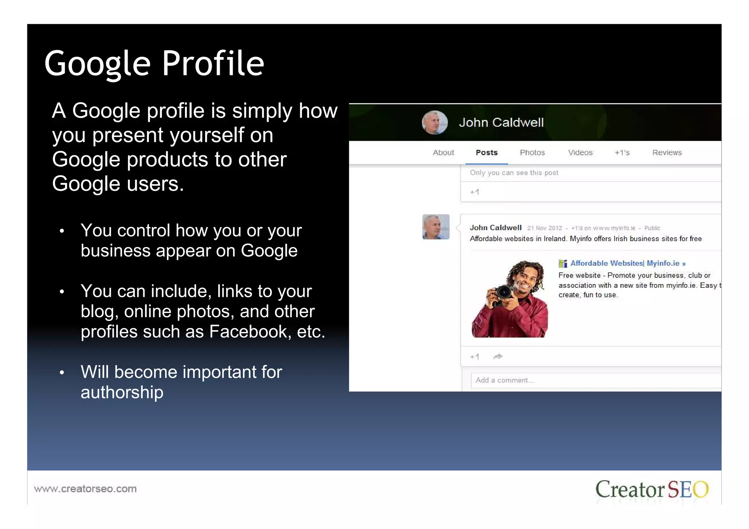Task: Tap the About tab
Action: [x=443, y=152]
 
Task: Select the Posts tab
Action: [x=486, y=152]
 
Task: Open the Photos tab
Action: [x=532, y=152]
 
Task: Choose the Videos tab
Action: [x=580, y=152]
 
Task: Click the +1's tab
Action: [x=622, y=152]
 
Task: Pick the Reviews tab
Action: [x=667, y=152]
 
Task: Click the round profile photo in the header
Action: [x=434, y=122]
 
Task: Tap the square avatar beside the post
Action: [x=436, y=227]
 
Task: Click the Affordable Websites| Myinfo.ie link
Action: [x=627, y=263]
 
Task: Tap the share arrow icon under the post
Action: [x=498, y=356]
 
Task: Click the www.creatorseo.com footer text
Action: [x=85, y=488]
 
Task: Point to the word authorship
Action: [x=122, y=392]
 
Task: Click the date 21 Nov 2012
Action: [x=544, y=228]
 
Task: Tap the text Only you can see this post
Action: [x=514, y=173]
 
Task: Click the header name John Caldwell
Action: [x=501, y=122]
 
